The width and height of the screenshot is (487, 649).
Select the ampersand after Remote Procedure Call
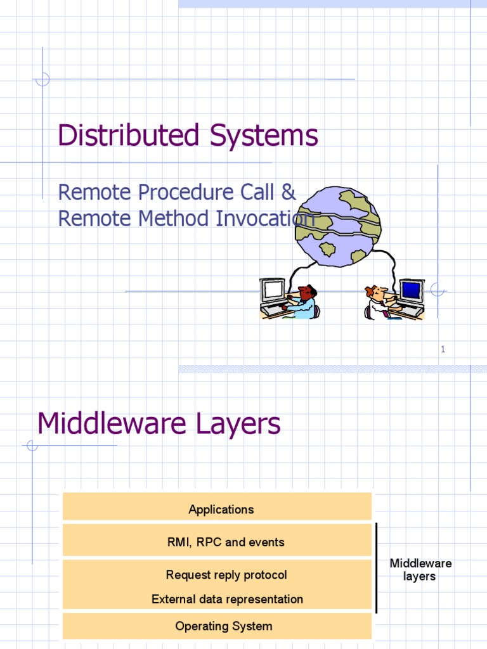[289, 191]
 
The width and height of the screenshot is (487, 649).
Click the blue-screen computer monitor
[411, 292]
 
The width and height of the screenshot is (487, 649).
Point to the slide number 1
[443, 349]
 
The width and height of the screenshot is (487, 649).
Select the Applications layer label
[221, 510]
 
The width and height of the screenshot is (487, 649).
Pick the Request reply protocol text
[226, 575]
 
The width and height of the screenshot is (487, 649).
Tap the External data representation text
[227, 599]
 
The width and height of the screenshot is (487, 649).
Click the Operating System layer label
[224, 626]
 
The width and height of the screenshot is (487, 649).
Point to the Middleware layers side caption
[420, 570]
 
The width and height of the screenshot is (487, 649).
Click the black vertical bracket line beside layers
[377, 568]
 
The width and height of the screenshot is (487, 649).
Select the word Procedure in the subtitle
[167, 191]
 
